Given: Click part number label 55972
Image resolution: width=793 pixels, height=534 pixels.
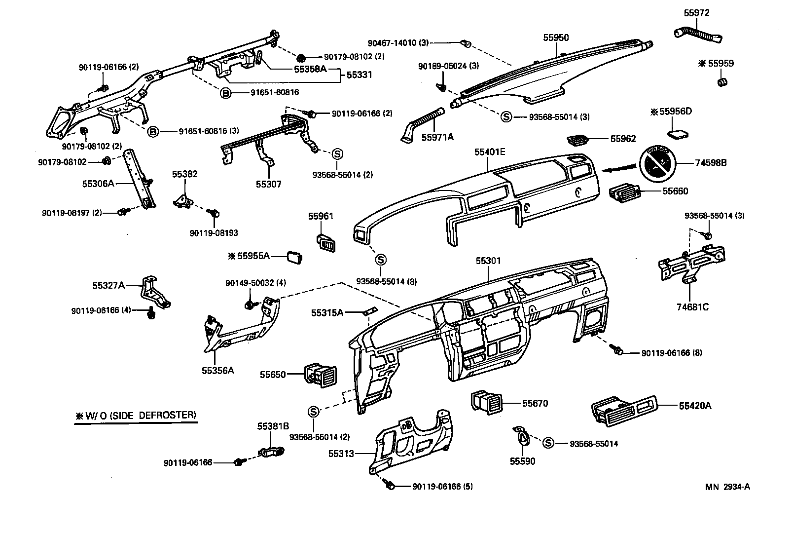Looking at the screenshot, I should point(696,13).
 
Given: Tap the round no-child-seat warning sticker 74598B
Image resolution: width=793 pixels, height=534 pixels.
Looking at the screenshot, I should point(657,162).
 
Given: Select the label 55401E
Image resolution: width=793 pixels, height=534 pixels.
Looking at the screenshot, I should point(490,152).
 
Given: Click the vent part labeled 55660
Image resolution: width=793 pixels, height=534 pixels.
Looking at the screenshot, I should point(623,191).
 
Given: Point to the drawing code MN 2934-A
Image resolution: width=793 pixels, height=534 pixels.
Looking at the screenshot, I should point(727,487).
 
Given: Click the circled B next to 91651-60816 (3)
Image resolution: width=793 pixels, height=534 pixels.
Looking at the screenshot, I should point(153,131).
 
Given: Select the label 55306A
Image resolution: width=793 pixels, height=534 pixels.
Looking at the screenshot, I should point(98,184).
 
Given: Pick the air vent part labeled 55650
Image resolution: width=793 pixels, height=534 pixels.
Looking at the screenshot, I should point(319,375).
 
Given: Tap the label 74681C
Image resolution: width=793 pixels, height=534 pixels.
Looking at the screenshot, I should point(692,307).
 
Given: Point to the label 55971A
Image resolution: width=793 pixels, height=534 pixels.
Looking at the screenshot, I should point(437,137).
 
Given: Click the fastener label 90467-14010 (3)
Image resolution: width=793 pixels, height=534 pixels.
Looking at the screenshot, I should point(398,43).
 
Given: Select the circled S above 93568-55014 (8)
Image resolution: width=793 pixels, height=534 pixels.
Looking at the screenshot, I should point(381,259).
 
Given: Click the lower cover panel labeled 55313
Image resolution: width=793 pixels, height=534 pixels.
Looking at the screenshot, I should point(414,442).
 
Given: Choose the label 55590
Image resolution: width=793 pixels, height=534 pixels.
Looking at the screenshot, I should point(522,461).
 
